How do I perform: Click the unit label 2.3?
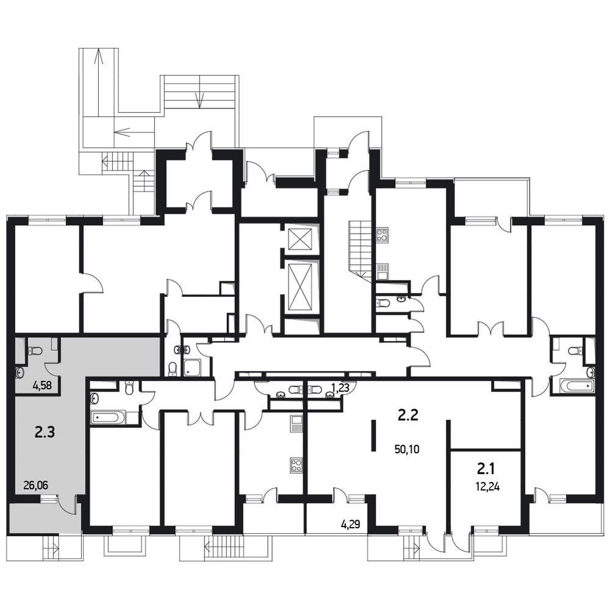(x=45, y=432)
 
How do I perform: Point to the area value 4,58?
(x=43, y=386)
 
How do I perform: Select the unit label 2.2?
(x=407, y=415)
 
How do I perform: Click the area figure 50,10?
(x=407, y=450)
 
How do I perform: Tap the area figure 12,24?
(x=487, y=487)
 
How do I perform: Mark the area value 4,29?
(x=351, y=525)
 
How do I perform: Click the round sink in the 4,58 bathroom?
(x=20, y=373)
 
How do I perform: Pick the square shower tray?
(x=192, y=367)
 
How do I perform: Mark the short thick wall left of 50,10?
(x=373, y=436)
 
